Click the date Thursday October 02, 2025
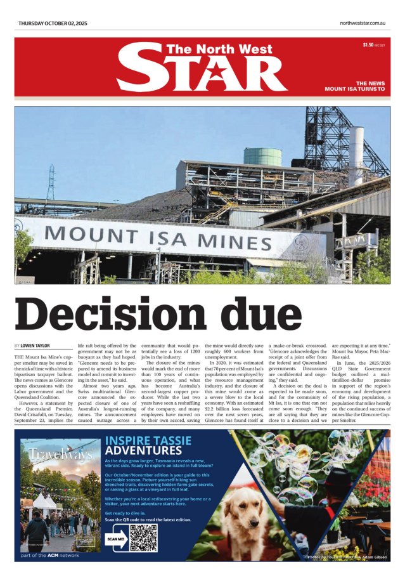tap(53, 23)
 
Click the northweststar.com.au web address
tap(363, 23)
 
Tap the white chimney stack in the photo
tap(356, 155)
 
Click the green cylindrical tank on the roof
tap(262, 156)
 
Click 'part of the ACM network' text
tap(50, 556)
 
